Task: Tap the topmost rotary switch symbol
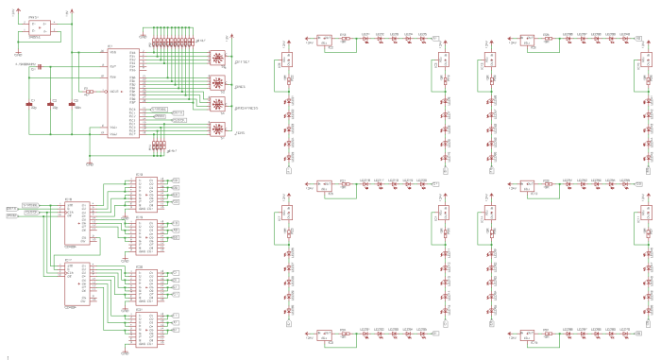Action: point(216,57)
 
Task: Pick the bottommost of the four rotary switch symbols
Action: point(216,128)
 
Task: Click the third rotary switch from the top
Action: point(216,104)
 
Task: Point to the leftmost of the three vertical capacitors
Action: point(32,104)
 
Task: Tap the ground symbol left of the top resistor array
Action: point(142,31)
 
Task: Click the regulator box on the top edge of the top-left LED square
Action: point(326,40)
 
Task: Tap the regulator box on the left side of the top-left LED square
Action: point(287,62)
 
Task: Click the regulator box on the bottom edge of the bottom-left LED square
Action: point(326,337)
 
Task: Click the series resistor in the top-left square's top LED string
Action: point(345,40)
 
